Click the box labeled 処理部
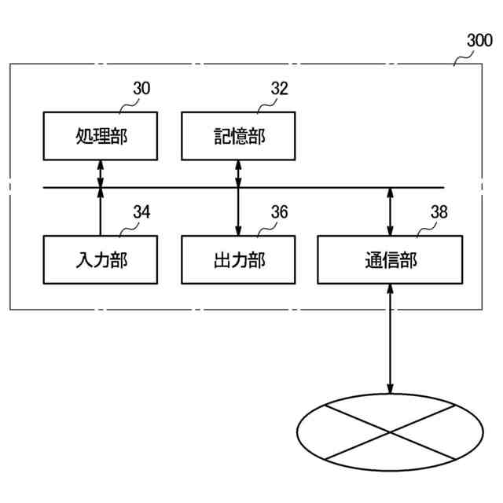point(100,136)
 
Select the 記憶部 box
point(238,136)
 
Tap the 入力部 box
point(100,259)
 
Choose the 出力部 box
point(238,259)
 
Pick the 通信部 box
point(390,259)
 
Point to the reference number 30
point(141,89)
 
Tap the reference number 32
point(279,89)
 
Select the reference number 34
point(141,212)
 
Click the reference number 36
point(279,212)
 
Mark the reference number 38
point(440,212)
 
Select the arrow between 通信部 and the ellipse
point(390,338)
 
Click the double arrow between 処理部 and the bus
point(100,174)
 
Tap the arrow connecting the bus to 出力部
point(238,211)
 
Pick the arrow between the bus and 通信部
point(390,211)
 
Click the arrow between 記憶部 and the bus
point(238,174)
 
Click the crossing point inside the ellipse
point(390,432)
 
